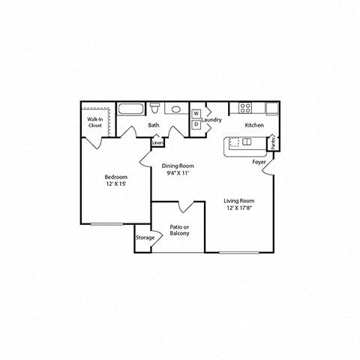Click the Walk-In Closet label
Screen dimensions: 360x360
tap(95, 123)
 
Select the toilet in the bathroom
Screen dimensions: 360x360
tap(154, 108)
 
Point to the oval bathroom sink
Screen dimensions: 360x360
tap(175, 109)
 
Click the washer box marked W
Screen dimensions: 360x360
tap(196, 114)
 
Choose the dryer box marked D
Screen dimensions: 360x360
tap(196, 124)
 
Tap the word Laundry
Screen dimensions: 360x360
tap(211, 120)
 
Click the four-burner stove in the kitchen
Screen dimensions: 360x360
tap(246, 107)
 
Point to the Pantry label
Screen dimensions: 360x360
tap(273, 142)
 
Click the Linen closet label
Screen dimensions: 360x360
tap(157, 142)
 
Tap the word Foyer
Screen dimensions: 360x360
tap(259, 160)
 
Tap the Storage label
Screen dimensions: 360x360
tap(145, 238)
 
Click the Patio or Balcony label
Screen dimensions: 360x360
tap(178, 229)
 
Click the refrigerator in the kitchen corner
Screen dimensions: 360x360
tap(271, 107)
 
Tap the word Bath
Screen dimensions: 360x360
tap(153, 125)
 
